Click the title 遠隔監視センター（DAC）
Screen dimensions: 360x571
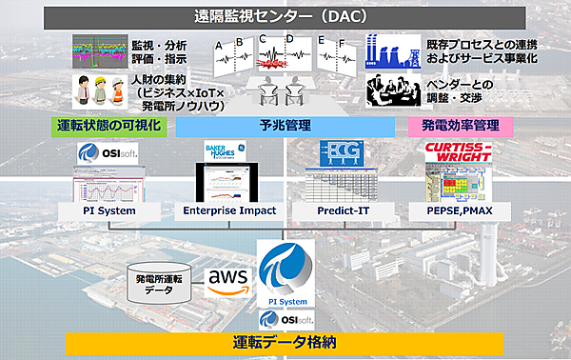[285, 15]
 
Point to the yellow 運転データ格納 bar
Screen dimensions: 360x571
[285, 341]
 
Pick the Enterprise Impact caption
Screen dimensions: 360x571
[229, 210]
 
